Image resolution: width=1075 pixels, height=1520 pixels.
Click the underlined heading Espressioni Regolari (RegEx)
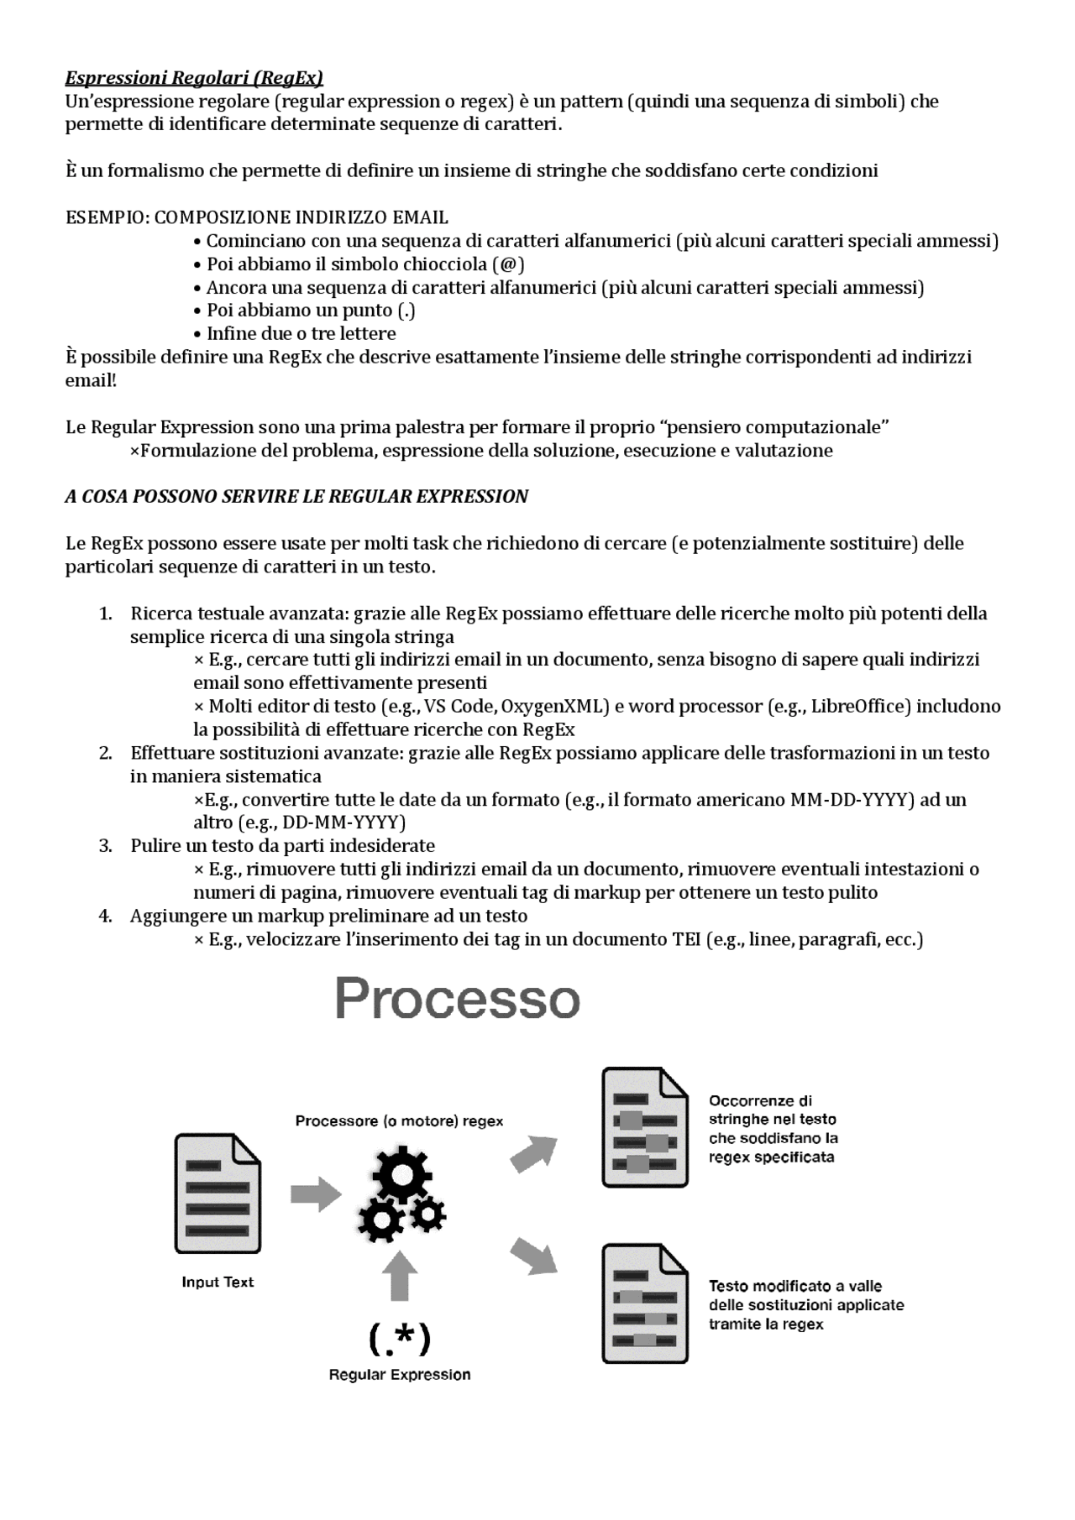(194, 78)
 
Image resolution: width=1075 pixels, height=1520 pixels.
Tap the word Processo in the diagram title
(457, 999)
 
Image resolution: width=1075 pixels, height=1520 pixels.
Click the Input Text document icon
(217, 1194)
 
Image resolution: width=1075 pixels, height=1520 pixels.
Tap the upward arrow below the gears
(400, 1276)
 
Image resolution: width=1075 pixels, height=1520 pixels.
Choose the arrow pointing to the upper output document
(534, 1153)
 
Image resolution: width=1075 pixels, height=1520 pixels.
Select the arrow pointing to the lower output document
(534, 1256)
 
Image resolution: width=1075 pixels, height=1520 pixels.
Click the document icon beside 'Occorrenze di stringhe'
(645, 1127)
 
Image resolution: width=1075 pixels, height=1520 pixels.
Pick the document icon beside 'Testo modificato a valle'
(645, 1303)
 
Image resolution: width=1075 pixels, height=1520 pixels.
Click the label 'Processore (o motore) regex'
(399, 1121)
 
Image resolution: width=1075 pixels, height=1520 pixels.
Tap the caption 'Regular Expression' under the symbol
(399, 1375)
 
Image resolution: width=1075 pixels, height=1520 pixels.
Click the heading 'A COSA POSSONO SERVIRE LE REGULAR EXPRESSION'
(296, 497)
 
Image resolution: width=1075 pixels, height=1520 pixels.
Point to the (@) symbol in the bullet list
(509, 264)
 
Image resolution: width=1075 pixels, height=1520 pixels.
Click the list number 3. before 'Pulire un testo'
(106, 846)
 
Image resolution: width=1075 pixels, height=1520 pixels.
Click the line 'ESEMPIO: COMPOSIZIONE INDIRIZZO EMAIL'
(257, 217)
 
